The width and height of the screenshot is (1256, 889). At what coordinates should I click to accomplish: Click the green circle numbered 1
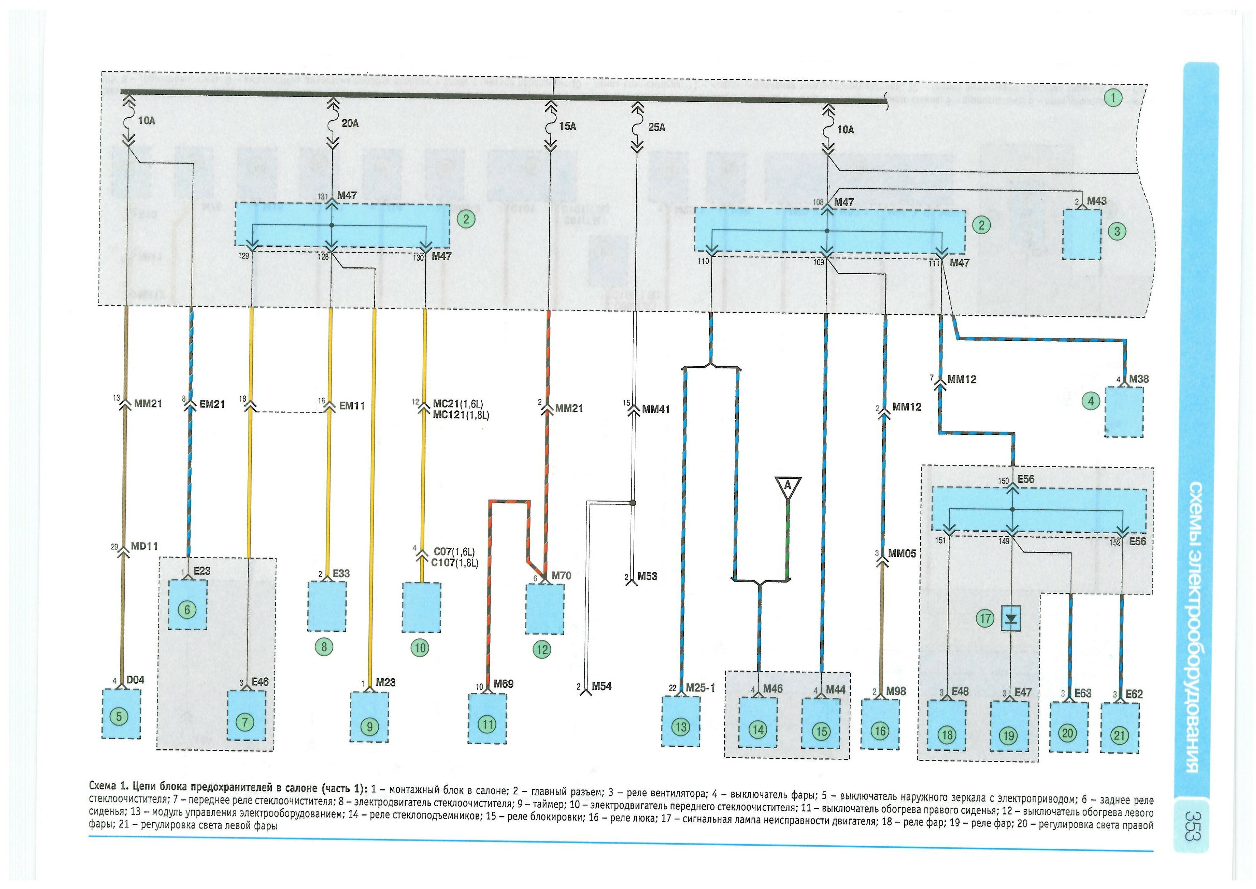(1113, 98)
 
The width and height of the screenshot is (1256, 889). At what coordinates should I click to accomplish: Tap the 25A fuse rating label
(657, 127)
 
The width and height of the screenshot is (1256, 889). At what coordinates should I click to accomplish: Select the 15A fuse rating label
(567, 126)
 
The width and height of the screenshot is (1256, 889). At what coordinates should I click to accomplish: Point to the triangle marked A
(788, 487)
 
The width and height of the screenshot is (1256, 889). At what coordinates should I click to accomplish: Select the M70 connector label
(561, 576)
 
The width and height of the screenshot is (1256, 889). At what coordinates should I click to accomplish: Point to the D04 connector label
(135, 680)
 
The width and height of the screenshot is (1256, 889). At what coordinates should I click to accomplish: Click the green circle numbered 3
(1117, 232)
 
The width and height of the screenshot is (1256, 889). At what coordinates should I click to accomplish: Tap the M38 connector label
(1139, 379)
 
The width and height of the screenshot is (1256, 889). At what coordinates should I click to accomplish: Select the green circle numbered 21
(1119, 735)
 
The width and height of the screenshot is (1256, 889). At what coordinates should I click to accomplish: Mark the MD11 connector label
(145, 546)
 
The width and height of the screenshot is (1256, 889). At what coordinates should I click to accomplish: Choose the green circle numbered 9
(370, 727)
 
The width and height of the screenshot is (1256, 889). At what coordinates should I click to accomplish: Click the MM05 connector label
(902, 554)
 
